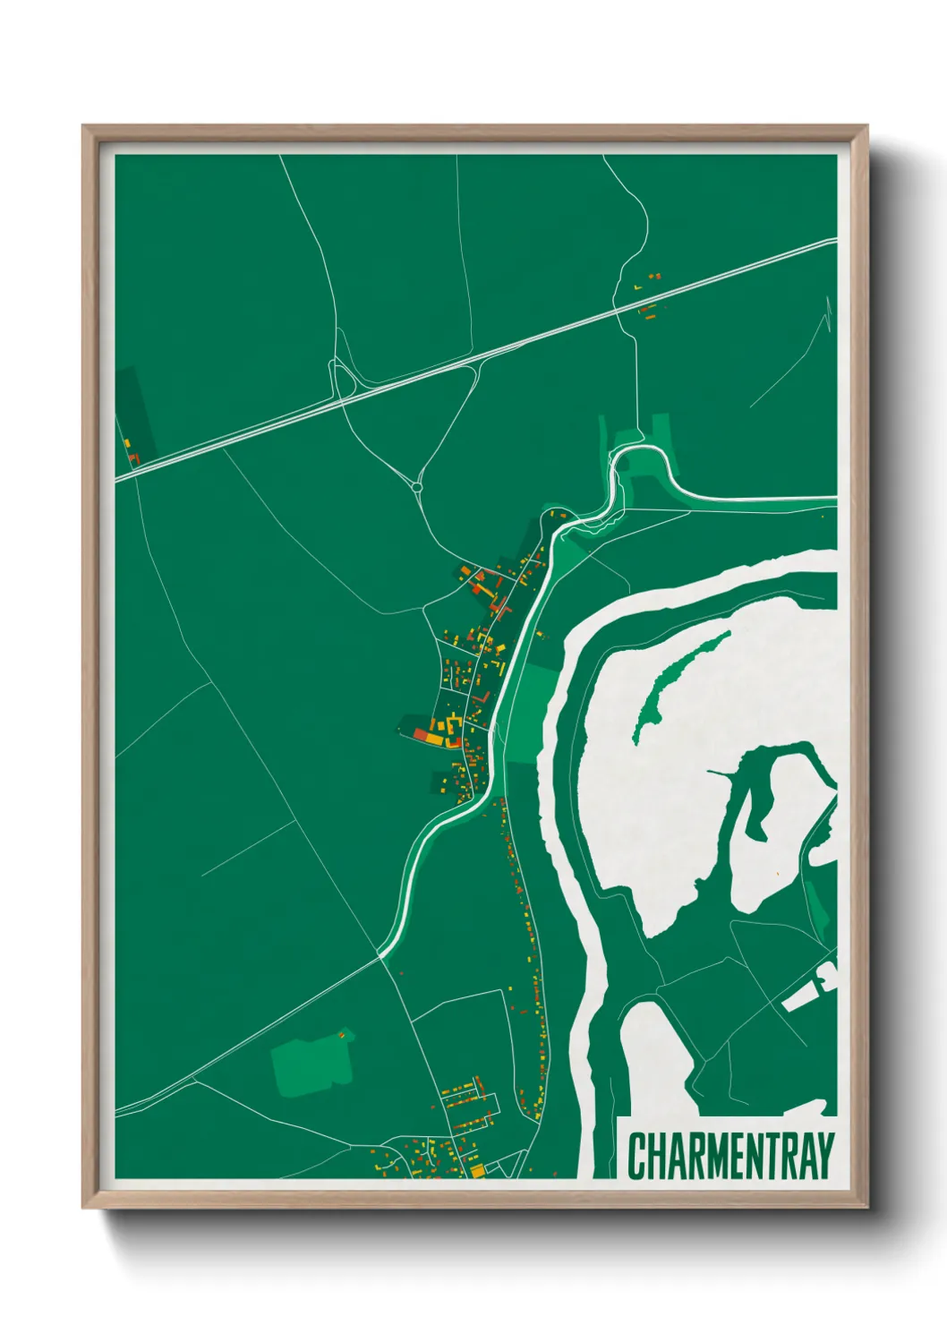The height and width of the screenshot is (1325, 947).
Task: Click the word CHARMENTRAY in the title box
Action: click(730, 1156)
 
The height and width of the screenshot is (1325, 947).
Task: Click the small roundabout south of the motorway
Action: click(417, 487)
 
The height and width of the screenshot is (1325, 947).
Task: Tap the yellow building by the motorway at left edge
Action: click(127, 443)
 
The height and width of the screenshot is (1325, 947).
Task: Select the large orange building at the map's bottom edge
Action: click(476, 1170)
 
